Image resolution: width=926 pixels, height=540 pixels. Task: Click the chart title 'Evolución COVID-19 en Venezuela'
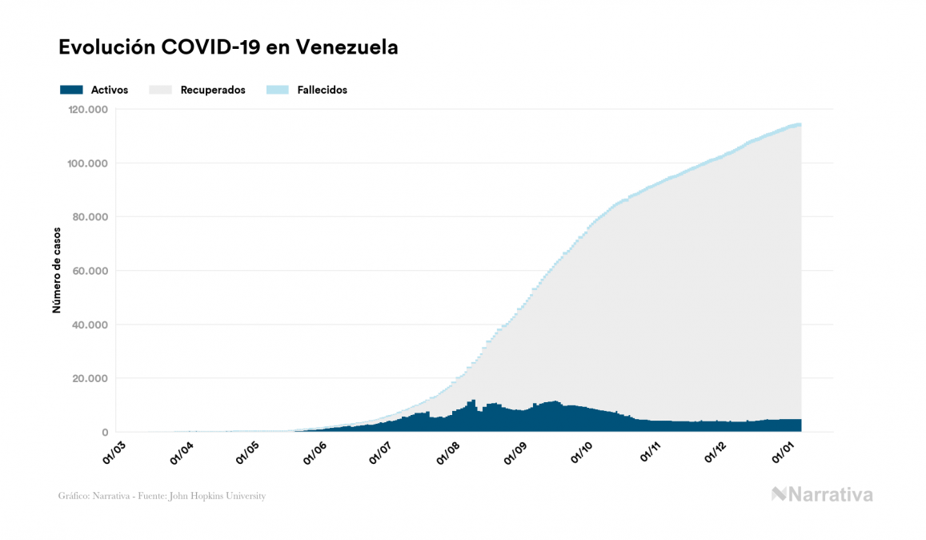pos(228,47)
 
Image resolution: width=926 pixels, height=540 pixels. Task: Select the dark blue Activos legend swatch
pos(71,90)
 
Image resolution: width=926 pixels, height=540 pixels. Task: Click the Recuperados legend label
pos(213,90)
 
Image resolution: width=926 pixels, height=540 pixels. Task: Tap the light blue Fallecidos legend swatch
pos(277,90)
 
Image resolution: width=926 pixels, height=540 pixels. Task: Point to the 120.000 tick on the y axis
pos(89,110)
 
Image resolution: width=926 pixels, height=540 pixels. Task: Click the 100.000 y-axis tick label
pos(89,163)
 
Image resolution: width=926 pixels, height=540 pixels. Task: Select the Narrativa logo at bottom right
pos(822,494)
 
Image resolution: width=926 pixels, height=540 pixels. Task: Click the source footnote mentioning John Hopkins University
pos(162,496)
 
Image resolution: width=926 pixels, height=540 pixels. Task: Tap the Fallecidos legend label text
pos(322,90)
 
